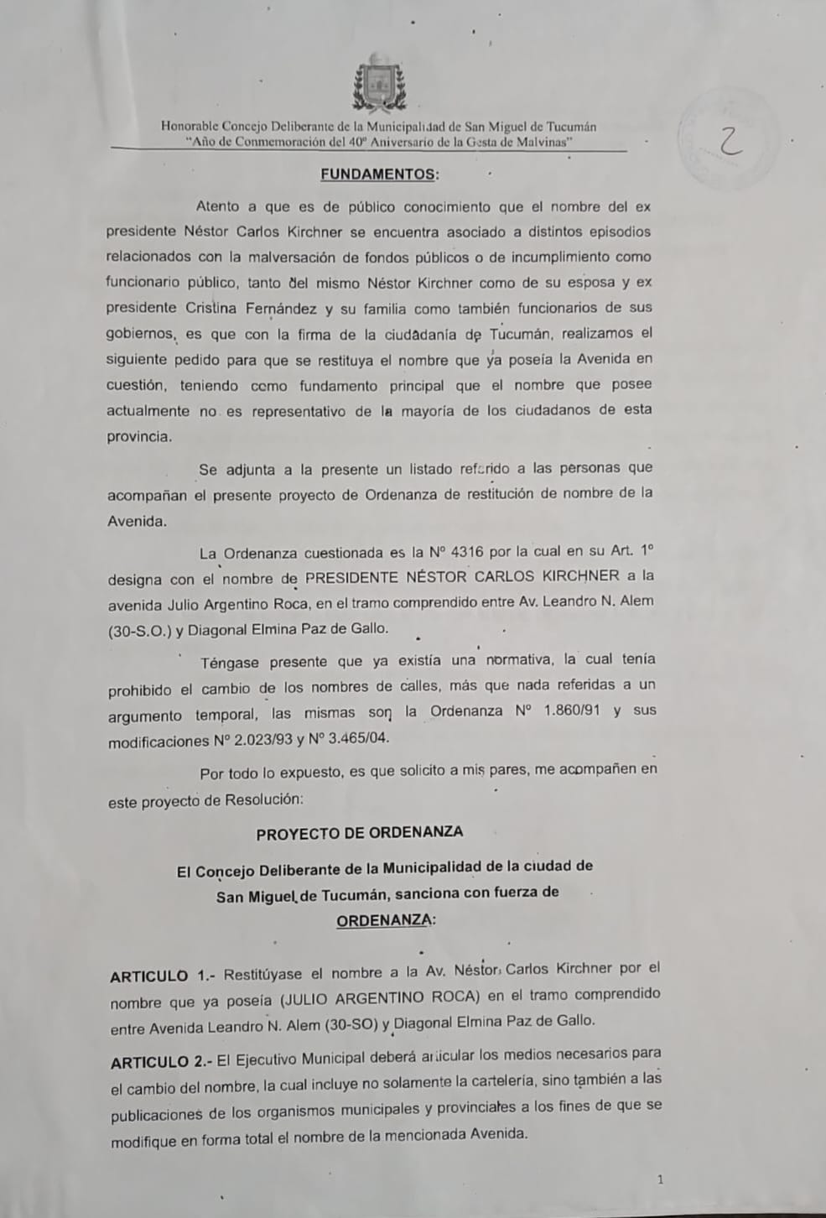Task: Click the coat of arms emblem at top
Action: click(380, 82)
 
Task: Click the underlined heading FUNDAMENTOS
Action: click(379, 174)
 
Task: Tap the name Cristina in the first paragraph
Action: click(211, 308)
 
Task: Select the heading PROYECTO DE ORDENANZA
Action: click(359, 833)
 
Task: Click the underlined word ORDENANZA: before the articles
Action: click(385, 920)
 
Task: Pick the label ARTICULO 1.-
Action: click(163, 976)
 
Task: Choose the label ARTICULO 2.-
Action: click(162, 1062)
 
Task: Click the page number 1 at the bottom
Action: click(661, 1180)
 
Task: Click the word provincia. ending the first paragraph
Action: click(140, 437)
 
